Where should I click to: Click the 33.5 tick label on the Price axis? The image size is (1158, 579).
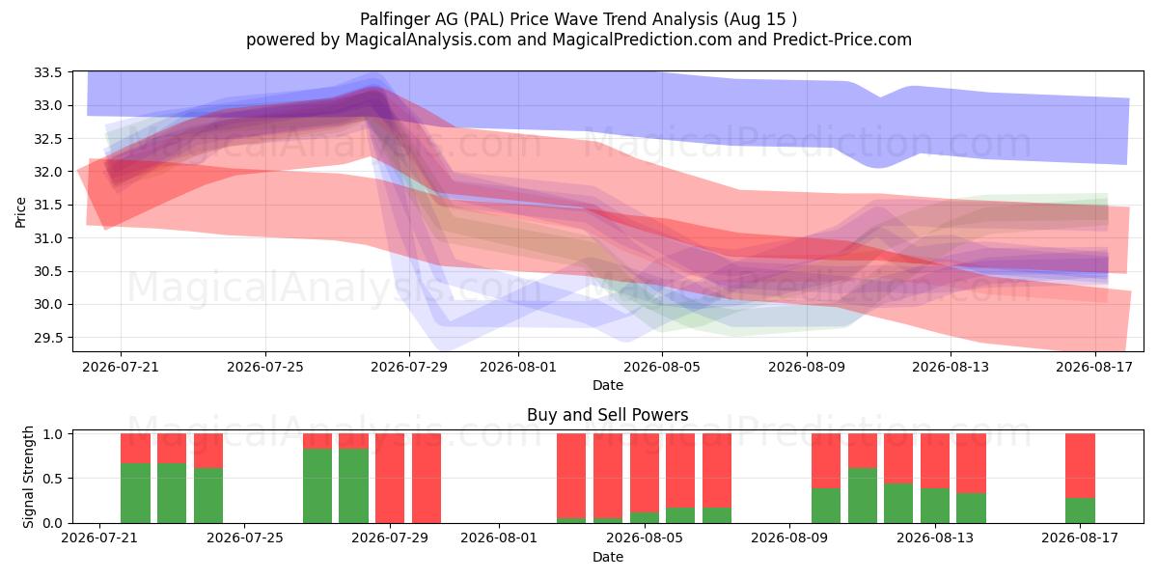(47, 72)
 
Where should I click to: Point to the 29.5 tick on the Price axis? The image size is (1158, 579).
(47, 338)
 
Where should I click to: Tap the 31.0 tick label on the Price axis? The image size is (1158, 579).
(47, 238)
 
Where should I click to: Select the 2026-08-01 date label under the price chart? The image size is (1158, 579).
(518, 367)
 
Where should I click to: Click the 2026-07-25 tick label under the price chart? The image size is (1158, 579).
(265, 367)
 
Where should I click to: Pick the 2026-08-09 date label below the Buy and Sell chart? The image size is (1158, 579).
(789, 538)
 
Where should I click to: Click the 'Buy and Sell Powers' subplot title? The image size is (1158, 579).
(607, 415)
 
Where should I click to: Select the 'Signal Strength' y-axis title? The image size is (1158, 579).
(28, 477)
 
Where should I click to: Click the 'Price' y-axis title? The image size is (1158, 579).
(20, 212)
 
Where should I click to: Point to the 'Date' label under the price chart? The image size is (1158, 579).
(608, 385)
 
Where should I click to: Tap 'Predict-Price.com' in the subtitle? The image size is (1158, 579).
(842, 40)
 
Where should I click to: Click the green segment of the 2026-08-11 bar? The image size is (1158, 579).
(863, 495)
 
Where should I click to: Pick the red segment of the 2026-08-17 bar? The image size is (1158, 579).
(1080, 465)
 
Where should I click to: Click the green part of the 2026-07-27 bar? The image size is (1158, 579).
(317, 486)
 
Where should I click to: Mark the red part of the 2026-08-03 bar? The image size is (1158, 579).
(571, 476)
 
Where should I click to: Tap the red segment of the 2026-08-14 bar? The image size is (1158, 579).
(971, 463)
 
